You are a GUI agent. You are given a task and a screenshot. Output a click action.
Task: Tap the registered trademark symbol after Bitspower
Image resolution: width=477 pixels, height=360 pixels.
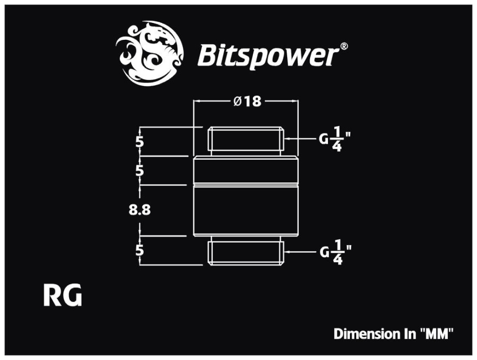click(344, 47)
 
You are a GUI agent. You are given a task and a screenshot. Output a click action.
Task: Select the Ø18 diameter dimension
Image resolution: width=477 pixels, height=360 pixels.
click(247, 101)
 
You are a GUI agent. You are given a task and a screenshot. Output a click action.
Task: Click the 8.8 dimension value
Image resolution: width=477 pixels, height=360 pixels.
click(140, 210)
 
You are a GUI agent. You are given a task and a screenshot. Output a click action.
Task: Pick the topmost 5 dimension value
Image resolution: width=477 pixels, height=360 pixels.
click(140, 142)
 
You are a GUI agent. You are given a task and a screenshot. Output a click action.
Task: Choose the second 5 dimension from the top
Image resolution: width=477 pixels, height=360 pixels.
click(140, 171)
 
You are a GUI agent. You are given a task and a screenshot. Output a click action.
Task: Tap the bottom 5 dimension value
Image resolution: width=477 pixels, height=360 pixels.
click(140, 250)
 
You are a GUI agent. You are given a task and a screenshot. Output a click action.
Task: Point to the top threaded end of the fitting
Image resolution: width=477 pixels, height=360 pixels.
click(246, 140)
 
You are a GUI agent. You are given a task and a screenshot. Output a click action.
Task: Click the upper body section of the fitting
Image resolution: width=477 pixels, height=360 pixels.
click(246, 171)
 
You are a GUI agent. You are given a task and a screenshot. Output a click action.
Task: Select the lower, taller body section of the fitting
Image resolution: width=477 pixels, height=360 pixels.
click(246, 210)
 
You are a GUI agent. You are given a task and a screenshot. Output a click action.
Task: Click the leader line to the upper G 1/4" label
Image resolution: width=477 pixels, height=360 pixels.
click(300, 140)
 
